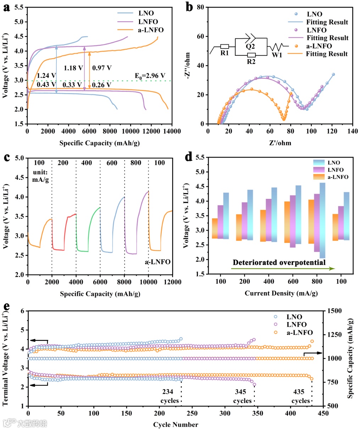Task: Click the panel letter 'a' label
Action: (6, 8)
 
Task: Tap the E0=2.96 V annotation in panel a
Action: (150, 76)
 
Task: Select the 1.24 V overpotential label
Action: (46, 75)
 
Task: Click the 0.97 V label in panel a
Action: (102, 67)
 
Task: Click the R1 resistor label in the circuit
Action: (225, 53)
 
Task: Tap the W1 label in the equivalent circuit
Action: (277, 55)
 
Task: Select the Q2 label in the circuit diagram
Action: (250, 46)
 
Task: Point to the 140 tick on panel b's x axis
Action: (353, 131)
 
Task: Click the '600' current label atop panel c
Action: (112, 163)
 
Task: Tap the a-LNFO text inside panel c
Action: (157, 262)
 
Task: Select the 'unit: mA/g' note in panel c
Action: (40, 175)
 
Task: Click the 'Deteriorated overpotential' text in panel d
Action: (279, 262)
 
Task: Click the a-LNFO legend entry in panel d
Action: (338, 177)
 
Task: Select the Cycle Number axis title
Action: (176, 424)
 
